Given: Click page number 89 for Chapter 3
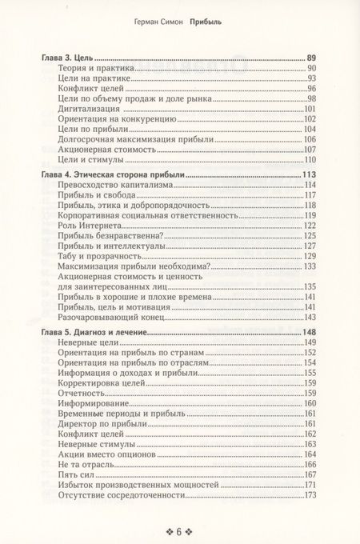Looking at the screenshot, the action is click(x=312, y=58).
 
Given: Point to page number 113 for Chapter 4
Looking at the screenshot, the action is click(x=310, y=174).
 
